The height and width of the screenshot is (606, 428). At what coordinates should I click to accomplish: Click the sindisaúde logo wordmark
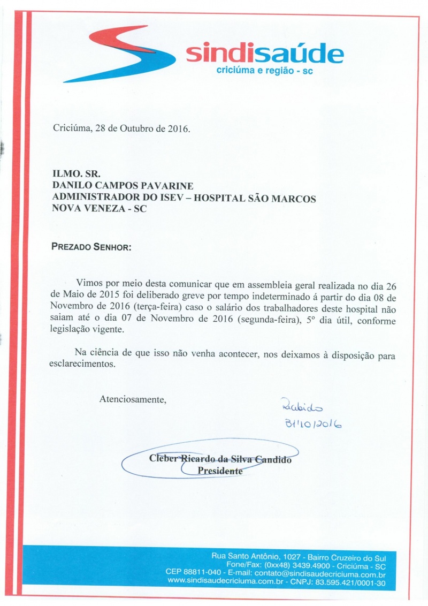click(x=264, y=54)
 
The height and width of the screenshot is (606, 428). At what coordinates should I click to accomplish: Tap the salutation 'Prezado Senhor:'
click(x=91, y=247)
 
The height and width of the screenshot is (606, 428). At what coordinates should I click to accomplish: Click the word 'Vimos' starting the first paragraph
click(x=88, y=282)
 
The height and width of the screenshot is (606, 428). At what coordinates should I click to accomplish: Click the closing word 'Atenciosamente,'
click(x=133, y=399)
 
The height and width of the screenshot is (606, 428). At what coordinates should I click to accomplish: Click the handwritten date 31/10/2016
click(x=314, y=425)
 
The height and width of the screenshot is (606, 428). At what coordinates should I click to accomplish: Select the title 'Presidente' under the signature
click(x=220, y=471)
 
